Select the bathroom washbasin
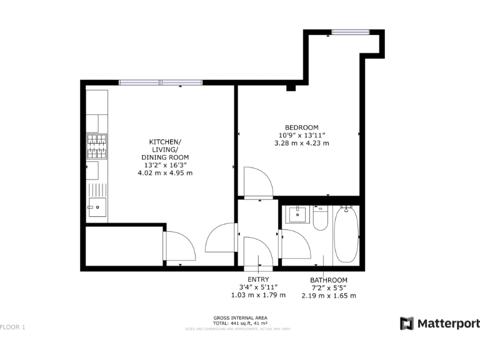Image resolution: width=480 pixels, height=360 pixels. click(297, 214)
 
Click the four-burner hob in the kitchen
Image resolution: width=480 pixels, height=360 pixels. click(96, 147)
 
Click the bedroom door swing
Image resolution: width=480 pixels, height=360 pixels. click(257, 182)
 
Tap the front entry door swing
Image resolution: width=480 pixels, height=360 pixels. click(256, 249)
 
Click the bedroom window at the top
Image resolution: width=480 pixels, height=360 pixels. click(350, 32)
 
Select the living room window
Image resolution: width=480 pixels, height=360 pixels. click(161, 82)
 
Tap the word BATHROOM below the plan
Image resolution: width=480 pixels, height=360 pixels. click(329, 280)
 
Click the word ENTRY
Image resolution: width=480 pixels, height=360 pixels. click(258, 279)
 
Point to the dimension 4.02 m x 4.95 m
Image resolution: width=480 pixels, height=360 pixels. click(165, 172)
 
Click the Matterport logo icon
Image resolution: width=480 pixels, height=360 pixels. click(407, 323)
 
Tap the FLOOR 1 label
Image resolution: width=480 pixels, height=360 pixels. click(12, 327)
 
